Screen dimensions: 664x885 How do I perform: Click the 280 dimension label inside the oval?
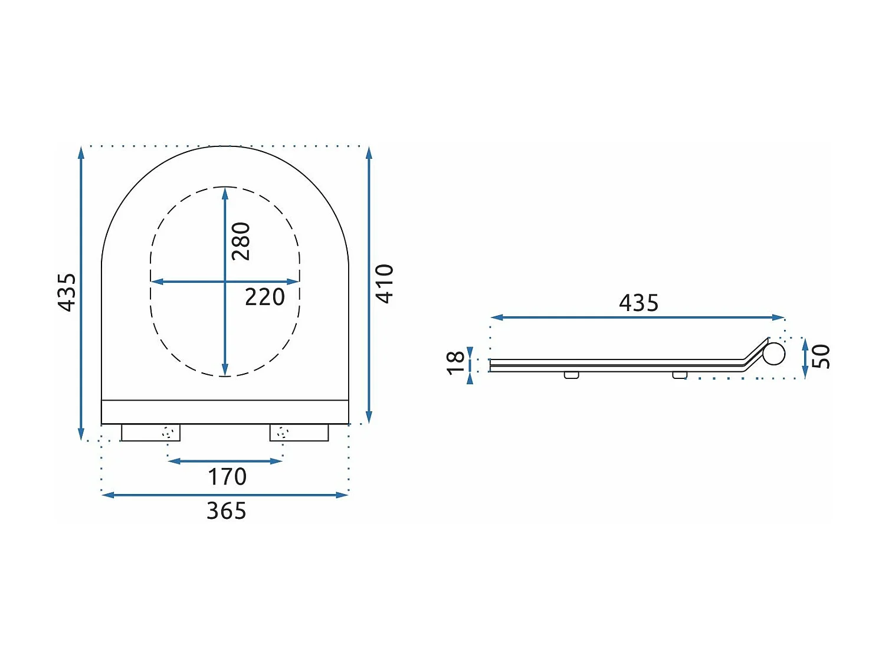click(x=241, y=241)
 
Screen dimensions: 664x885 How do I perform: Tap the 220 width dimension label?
click(x=265, y=297)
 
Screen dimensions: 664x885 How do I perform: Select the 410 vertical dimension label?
click(x=385, y=283)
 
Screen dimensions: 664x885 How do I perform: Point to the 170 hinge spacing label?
click(x=227, y=477)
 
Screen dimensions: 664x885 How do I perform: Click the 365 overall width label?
click(x=227, y=511)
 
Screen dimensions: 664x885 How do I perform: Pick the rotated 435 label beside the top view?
click(x=67, y=292)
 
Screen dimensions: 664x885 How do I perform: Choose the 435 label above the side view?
click(x=638, y=303)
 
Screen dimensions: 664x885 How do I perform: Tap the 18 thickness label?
click(x=456, y=362)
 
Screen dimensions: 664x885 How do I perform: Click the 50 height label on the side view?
click(x=821, y=356)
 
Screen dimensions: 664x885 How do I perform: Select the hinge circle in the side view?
click(x=773, y=354)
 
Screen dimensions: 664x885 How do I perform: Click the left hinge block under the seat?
click(x=150, y=433)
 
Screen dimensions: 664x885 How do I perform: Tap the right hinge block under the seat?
click(x=299, y=433)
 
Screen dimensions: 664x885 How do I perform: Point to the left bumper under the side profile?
click(x=571, y=375)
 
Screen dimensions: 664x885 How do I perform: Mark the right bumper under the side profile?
click(x=680, y=375)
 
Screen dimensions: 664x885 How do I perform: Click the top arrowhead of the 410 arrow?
click(x=369, y=153)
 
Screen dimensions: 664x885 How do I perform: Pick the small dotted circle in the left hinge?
click(x=168, y=433)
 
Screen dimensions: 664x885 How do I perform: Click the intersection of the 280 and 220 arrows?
click(x=225, y=282)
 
